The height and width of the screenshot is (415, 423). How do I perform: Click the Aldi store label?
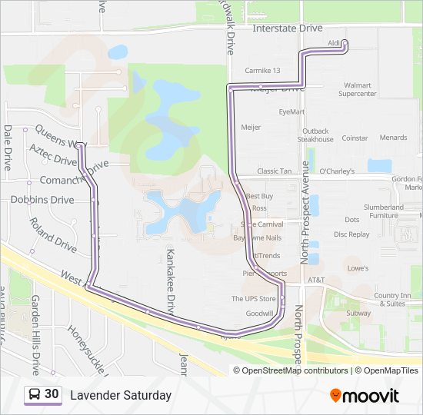(334, 43)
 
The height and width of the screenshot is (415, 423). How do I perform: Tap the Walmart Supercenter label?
(358, 89)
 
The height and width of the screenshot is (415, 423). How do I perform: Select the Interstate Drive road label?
(288, 28)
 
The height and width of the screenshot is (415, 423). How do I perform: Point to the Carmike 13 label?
(262, 71)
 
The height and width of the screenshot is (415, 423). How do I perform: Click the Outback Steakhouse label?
(315, 135)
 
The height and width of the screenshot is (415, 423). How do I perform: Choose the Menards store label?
(393, 138)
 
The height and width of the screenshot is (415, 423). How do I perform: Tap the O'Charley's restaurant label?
(337, 171)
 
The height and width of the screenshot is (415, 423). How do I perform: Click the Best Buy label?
(259, 197)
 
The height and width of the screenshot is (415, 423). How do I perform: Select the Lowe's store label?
(358, 268)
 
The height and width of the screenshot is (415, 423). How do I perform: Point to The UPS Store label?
(254, 299)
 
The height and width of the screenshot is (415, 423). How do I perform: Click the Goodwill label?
(259, 314)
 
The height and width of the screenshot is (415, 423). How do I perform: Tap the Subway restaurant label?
(358, 314)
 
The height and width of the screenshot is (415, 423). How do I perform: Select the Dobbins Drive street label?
(42, 200)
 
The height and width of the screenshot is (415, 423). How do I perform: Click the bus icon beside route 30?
(35, 394)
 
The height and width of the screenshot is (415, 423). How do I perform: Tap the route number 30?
(52, 394)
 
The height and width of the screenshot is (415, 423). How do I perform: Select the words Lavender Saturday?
(121, 395)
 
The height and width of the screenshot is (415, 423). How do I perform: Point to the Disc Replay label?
(352, 234)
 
